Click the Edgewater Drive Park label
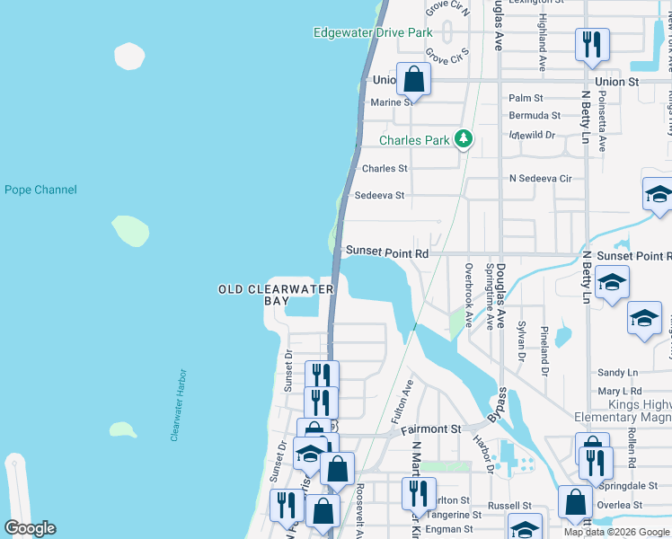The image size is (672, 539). pos(372,33)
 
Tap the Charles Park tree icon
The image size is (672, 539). pos(464,138)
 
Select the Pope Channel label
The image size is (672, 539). pos(40,190)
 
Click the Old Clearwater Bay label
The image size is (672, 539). pos(276,295)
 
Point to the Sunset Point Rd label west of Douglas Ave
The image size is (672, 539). pos(387,254)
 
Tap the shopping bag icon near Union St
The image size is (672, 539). pos(413,80)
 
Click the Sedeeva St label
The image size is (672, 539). pos(380,195)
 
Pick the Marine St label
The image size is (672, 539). pos(392,102)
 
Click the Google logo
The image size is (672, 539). pos(30,528)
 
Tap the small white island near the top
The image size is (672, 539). pos(129,56)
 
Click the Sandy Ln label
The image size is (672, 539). pos(617,372)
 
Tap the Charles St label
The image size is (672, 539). pos(385,168)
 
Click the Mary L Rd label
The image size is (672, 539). pos(620,392)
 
